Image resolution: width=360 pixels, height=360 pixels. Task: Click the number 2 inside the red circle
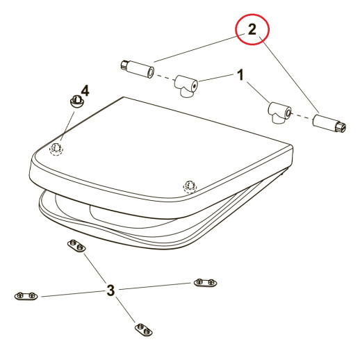tap(252, 29)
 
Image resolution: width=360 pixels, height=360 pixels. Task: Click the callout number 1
tap(241, 74)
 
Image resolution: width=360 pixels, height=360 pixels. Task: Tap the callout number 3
tap(111, 291)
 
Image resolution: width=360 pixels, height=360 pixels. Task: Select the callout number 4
tap(85, 90)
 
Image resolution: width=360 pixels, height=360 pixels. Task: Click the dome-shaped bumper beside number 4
tap(76, 101)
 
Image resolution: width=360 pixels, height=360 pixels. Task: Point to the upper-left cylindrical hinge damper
tap(138, 69)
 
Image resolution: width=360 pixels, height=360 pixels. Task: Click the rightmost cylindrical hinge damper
tap(329, 124)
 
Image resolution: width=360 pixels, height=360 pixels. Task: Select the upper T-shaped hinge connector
tap(186, 86)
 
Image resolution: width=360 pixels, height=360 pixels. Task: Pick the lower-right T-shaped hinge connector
tap(279, 113)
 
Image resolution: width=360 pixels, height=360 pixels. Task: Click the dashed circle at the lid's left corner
tap(56, 149)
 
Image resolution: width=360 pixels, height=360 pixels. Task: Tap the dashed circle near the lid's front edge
tap(190, 186)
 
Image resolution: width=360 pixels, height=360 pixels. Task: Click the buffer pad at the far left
tap(26, 296)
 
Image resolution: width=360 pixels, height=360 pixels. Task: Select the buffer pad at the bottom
tap(144, 329)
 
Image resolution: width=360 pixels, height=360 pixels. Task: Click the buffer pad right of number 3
tap(205, 282)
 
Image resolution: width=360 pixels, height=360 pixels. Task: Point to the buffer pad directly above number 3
tap(76, 246)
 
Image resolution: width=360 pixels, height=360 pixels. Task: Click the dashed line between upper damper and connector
tap(165, 77)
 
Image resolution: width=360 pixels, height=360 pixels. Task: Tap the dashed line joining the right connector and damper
tap(302, 116)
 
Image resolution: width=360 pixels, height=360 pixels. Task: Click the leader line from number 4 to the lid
tap(67, 126)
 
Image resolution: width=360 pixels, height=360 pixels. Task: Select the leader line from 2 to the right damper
tap(289, 74)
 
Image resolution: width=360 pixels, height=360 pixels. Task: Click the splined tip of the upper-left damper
tap(124, 65)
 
